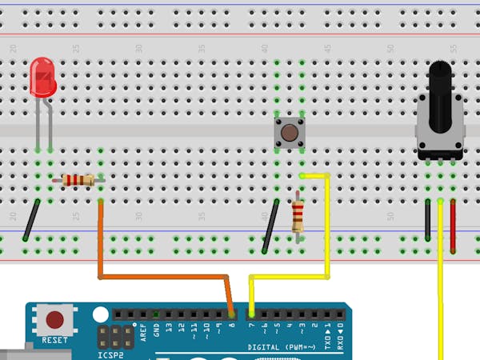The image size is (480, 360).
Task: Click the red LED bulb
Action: [42, 78]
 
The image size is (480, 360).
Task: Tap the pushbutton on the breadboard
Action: [289, 133]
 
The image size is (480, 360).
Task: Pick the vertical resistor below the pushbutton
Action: [298, 214]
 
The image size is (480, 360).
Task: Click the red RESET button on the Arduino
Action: [54, 321]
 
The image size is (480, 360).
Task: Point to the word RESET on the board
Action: [54, 340]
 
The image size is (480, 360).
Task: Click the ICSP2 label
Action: [110, 354]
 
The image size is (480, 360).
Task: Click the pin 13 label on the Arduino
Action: [170, 327]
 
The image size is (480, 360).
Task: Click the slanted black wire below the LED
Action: [32, 220]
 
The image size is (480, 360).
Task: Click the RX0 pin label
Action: [339, 326]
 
